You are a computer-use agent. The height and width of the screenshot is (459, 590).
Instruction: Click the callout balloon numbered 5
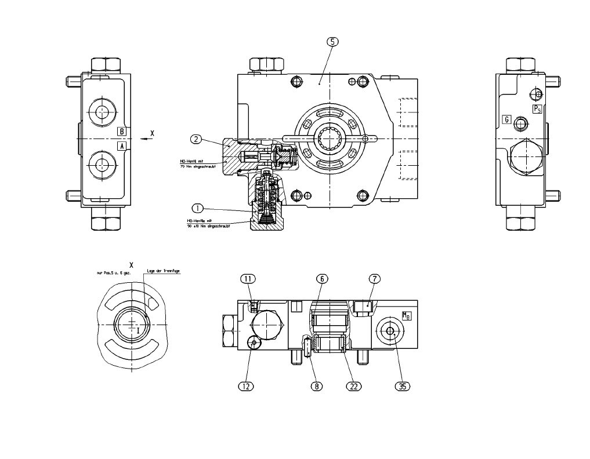(x=332, y=42)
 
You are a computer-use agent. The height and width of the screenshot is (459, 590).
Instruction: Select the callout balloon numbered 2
(x=197, y=139)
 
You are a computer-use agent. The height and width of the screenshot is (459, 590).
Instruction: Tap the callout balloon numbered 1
(x=197, y=207)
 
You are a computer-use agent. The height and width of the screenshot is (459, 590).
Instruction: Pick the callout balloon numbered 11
(x=248, y=279)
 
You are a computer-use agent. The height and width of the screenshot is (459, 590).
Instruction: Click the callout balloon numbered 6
(x=322, y=279)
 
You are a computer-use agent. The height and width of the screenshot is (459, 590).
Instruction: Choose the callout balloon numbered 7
(x=375, y=279)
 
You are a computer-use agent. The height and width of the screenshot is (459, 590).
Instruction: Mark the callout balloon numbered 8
(x=317, y=385)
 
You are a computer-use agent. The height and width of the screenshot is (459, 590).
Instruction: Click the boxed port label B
(x=122, y=131)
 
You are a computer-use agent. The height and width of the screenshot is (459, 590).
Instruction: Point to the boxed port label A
(x=122, y=146)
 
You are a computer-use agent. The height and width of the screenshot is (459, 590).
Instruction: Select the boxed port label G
(x=506, y=120)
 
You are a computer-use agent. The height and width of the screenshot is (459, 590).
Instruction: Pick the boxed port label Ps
(x=537, y=108)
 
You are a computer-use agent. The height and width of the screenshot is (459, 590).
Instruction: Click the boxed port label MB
(x=407, y=316)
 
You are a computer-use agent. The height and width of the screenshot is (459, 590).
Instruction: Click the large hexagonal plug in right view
(x=527, y=157)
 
